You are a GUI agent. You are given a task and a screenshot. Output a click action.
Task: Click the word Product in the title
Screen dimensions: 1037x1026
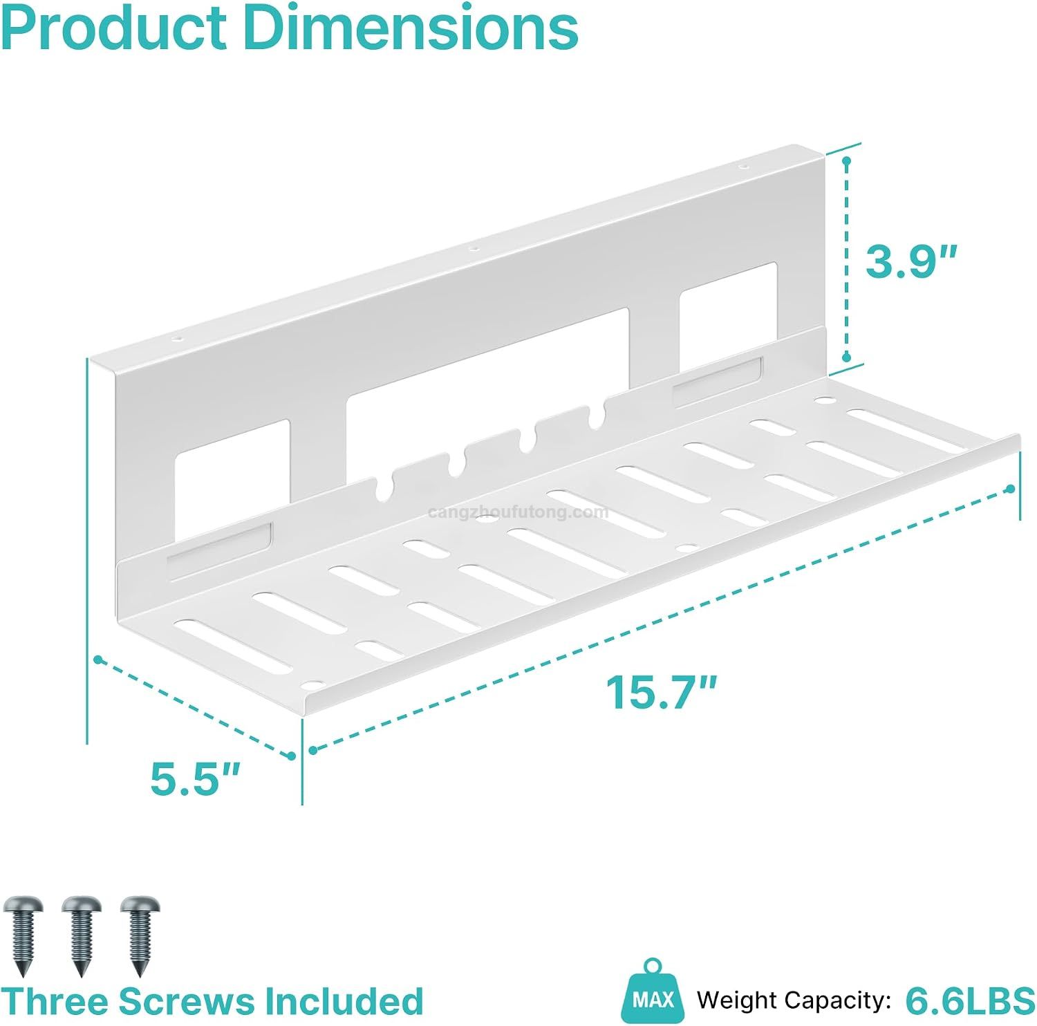click(115, 28)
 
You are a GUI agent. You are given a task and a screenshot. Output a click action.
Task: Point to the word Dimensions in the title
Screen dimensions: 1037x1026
click(411, 28)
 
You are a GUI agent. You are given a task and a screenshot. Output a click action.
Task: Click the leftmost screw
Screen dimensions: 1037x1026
click(23, 935)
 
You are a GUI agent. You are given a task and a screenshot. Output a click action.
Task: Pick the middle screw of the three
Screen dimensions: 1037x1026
click(82, 935)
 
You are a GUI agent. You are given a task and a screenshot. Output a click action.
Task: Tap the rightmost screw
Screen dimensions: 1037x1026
click(140, 935)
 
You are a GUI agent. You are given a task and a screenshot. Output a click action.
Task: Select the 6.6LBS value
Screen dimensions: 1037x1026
click(970, 1000)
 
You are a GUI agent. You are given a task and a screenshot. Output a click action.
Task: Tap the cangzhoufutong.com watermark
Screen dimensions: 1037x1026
click(518, 512)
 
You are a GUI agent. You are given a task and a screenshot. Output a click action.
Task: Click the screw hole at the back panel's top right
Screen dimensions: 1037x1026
click(743, 167)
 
